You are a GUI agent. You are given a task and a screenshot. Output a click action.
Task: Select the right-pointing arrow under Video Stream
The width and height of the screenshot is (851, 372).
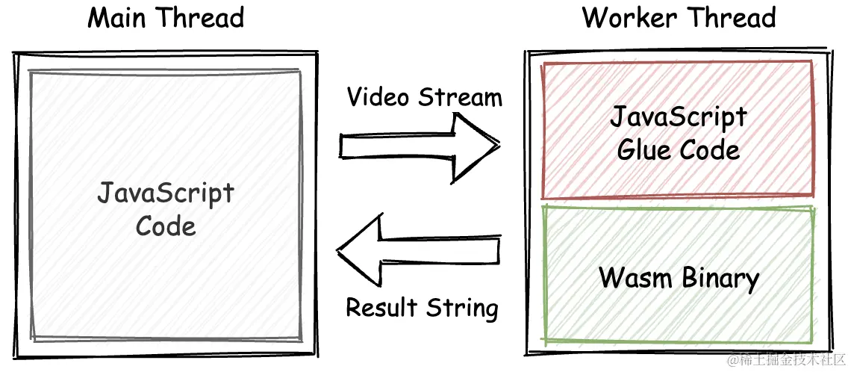(418, 147)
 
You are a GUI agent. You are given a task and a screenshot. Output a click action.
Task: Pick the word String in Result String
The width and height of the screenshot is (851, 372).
(463, 308)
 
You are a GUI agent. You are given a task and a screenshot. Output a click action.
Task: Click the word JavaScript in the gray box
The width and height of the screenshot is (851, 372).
(166, 195)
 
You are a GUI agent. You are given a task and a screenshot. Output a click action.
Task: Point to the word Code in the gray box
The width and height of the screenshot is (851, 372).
(166, 226)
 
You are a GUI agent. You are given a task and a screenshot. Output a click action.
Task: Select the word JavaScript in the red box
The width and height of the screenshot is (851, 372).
(678, 118)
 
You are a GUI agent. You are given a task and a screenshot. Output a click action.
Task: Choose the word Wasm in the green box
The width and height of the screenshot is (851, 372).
(634, 279)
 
